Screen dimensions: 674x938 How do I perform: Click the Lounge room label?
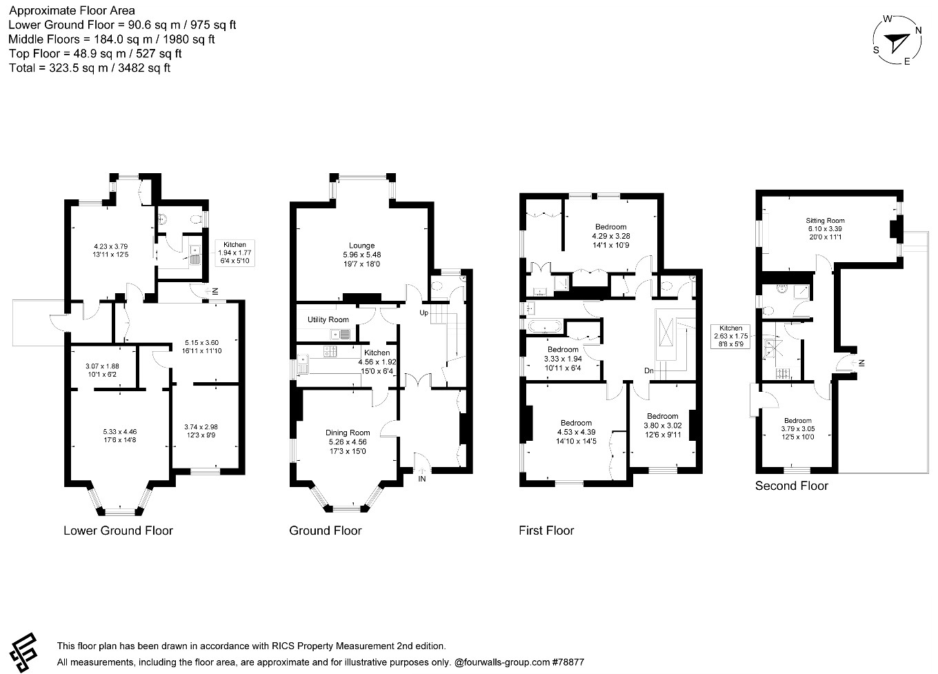[x=361, y=246]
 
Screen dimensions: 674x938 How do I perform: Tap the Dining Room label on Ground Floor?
[x=348, y=433]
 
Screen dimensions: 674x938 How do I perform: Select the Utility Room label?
[x=328, y=320]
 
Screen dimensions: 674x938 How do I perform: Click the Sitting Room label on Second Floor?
[x=825, y=221]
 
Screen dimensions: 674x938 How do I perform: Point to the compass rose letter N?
[x=918, y=30]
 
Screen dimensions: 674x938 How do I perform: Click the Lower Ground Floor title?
[x=118, y=531]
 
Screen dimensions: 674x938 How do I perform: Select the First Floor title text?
[x=546, y=531]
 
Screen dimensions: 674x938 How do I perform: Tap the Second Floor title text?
[x=791, y=486]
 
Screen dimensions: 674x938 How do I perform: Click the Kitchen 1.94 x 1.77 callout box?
[x=234, y=253]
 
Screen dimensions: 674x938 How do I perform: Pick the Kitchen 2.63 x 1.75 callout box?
[x=730, y=336]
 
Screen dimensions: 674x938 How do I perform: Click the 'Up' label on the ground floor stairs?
[x=425, y=313]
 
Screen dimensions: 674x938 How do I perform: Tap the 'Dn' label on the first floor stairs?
[x=649, y=371]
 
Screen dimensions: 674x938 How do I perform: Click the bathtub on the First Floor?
[x=546, y=326]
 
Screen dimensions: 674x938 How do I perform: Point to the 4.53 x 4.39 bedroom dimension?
[x=576, y=433]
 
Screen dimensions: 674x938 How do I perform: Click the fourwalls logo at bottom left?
[x=24, y=651]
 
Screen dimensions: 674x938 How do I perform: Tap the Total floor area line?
[x=90, y=68]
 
